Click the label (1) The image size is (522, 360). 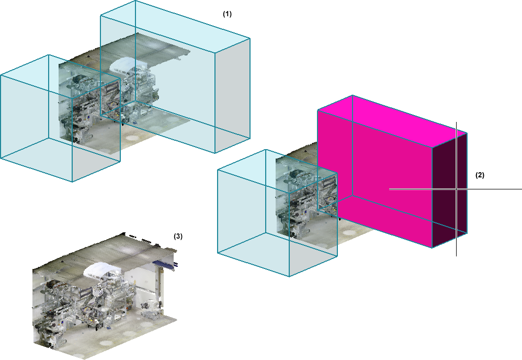227,14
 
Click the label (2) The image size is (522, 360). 480,175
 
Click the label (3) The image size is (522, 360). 178,236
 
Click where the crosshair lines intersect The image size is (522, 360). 457,189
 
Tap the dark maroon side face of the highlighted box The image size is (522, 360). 449,190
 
